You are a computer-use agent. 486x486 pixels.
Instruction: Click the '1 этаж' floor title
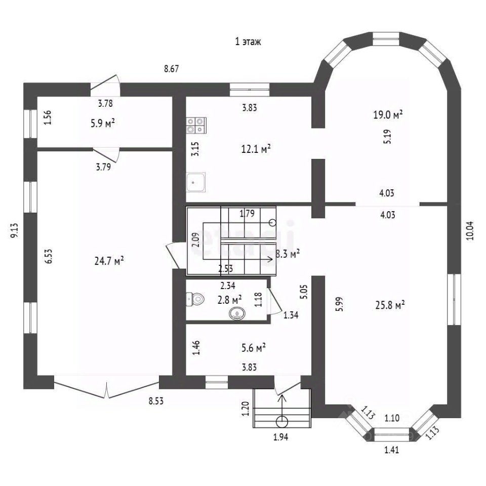(248, 42)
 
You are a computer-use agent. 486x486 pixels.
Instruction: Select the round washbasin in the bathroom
(237, 314)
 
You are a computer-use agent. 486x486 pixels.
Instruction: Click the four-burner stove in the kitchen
(196, 125)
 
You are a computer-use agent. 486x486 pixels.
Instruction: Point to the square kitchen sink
(195, 182)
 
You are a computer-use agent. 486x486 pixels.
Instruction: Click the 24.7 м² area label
(109, 261)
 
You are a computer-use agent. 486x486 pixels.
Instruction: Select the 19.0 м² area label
(388, 115)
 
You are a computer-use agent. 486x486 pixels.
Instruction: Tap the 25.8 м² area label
(390, 305)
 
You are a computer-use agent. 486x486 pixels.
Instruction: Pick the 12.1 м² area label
(256, 149)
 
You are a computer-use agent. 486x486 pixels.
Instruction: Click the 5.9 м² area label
(103, 124)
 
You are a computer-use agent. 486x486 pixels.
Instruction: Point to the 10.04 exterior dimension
(470, 231)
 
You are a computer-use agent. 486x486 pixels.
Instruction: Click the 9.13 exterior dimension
(15, 231)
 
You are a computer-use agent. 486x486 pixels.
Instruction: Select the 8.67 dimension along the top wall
(172, 68)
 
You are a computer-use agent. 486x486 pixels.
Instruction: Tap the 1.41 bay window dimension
(392, 450)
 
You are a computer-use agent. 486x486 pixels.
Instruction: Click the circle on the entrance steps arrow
(282, 422)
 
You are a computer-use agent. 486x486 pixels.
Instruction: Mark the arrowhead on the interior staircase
(271, 259)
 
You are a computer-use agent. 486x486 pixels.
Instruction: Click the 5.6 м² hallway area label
(254, 348)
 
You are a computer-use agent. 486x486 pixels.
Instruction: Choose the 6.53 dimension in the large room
(49, 256)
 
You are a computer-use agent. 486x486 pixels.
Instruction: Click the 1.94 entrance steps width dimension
(281, 437)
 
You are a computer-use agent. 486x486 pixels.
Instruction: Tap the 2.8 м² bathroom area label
(230, 300)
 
